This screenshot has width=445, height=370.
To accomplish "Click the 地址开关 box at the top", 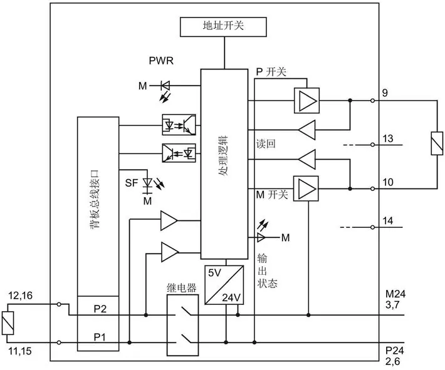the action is [x=223, y=27].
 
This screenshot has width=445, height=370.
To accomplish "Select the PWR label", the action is [x=161, y=61].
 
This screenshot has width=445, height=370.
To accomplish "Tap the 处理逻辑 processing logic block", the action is [x=224, y=164].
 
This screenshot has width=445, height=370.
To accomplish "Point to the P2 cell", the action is [x=98, y=309].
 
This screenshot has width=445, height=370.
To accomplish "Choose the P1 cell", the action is [x=98, y=337].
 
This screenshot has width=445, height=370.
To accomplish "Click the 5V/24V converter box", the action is [x=224, y=285].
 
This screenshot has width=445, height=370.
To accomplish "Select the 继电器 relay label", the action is [x=182, y=288].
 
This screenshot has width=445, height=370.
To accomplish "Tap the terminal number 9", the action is [x=385, y=93].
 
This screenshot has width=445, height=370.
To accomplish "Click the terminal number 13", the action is [x=388, y=138].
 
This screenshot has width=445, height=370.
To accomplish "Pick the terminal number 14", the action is [x=388, y=220].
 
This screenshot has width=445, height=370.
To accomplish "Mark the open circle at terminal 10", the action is [x=373, y=188].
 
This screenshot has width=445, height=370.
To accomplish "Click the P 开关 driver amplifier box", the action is [x=306, y=101].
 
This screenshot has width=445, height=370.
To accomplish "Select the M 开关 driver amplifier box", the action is [x=306, y=188].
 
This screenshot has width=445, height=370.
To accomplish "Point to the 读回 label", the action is [x=266, y=144].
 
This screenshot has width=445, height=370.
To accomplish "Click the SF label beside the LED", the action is [x=132, y=183].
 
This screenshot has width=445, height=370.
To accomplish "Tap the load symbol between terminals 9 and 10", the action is [x=437, y=143].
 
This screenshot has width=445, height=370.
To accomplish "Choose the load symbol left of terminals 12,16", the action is [x=8, y=323].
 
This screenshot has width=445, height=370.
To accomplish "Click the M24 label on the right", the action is [x=395, y=294].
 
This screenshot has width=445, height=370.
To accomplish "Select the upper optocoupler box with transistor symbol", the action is [x=179, y=125].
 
